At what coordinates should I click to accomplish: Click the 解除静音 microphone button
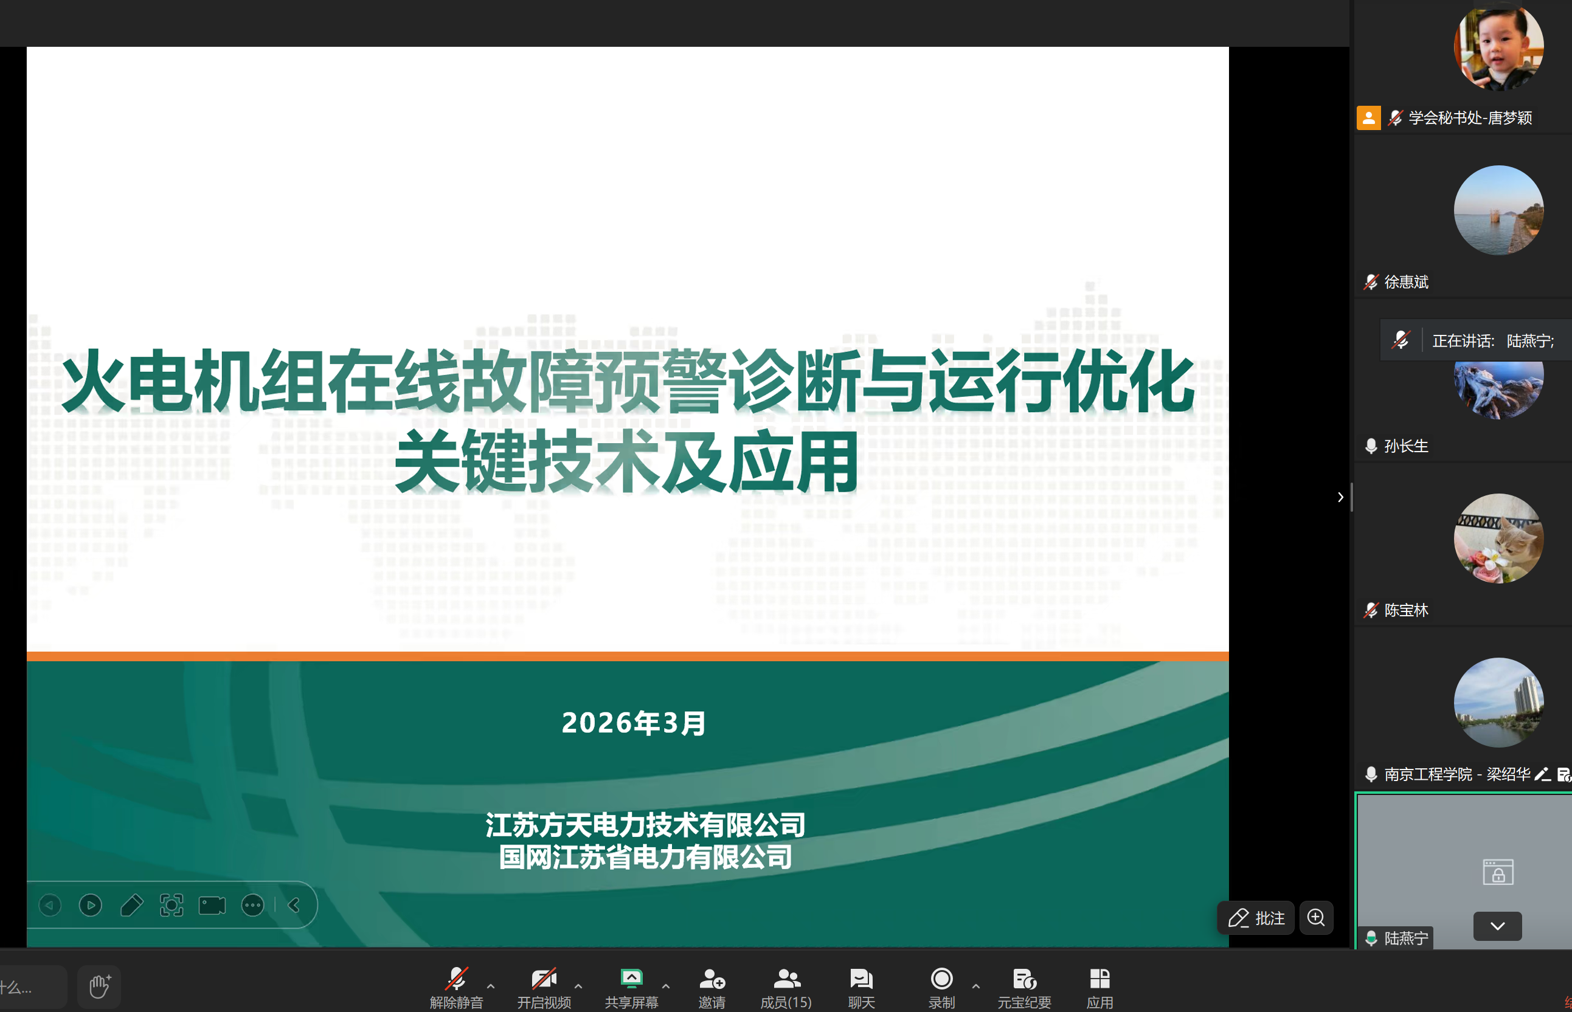click(456, 987)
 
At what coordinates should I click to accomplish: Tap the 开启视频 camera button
click(544, 987)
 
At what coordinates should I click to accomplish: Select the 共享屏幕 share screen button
click(631, 987)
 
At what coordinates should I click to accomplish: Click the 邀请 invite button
click(712, 987)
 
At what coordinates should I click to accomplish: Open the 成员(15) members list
click(786, 987)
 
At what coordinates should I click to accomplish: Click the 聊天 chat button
click(861, 987)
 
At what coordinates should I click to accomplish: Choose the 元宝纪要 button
click(1024, 987)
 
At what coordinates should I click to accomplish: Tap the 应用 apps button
click(1100, 987)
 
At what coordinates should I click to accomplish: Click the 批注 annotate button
click(1256, 918)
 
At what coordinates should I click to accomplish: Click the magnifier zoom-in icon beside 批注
click(1316, 918)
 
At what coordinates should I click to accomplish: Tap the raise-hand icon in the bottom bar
click(99, 986)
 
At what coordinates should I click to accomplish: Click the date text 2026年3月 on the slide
click(634, 723)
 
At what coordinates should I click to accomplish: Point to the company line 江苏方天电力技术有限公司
click(646, 825)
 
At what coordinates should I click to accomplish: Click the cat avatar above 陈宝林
click(1498, 538)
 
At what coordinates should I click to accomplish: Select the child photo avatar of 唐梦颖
click(1498, 46)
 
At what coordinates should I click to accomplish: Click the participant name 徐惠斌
click(1407, 282)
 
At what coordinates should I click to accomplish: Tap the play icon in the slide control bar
click(91, 906)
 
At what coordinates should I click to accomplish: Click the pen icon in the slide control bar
click(131, 906)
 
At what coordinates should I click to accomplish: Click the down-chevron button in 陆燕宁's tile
click(1498, 926)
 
